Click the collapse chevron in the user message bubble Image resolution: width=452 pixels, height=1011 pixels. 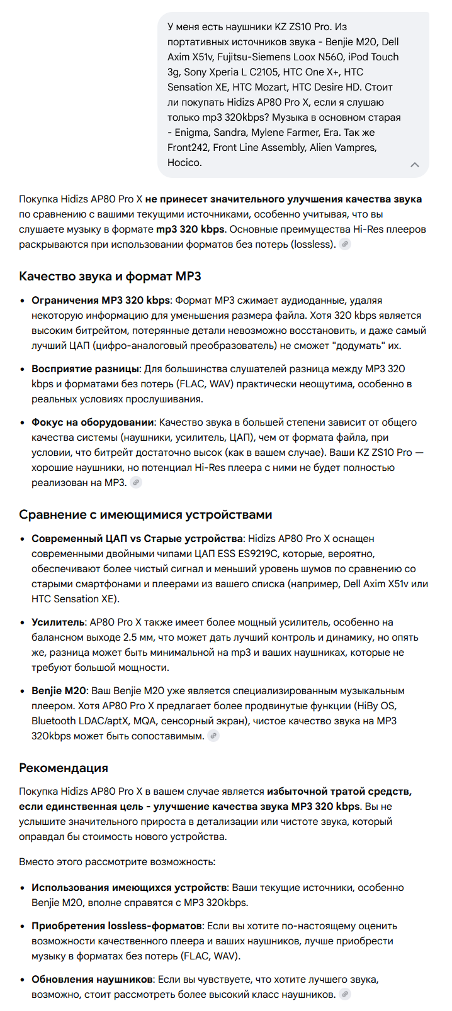(x=414, y=165)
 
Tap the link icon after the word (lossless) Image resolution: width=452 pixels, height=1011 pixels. (x=345, y=245)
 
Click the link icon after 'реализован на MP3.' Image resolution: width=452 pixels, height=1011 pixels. (x=136, y=483)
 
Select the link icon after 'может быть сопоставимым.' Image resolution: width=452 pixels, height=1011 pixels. (x=214, y=736)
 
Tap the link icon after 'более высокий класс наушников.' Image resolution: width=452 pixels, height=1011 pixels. (x=345, y=995)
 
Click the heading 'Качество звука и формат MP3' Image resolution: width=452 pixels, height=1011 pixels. (x=110, y=277)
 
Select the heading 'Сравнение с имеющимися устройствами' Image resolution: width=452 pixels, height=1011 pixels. (x=145, y=515)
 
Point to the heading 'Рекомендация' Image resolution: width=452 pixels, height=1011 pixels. (x=64, y=768)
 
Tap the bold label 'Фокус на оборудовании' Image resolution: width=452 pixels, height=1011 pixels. (x=93, y=423)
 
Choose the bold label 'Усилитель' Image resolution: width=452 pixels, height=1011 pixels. (x=58, y=622)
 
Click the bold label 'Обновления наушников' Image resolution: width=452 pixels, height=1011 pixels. (x=92, y=980)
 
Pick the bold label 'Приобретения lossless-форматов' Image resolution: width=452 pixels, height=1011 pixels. (x=116, y=926)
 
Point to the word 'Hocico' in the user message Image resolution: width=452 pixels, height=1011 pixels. (x=184, y=163)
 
